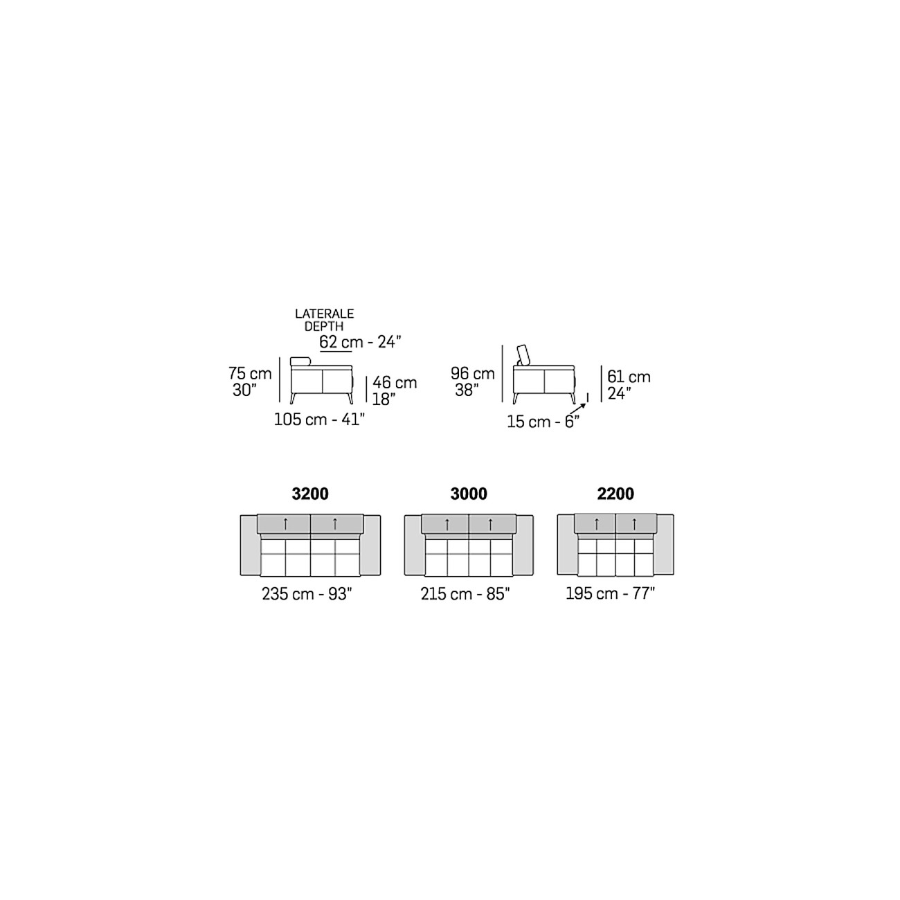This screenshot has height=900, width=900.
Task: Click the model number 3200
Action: tap(310, 494)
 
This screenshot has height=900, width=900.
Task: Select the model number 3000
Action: tap(469, 494)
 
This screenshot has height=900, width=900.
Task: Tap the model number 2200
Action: tap(615, 494)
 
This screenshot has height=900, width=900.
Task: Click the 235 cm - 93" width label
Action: tap(307, 594)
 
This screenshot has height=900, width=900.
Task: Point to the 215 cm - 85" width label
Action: tap(465, 594)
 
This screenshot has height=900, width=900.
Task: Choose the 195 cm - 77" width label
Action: tap(611, 593)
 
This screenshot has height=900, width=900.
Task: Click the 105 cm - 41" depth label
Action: tap(319, 420)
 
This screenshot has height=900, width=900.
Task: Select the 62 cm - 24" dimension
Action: tap(360, 342)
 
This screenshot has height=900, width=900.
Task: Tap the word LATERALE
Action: tap(325, 314)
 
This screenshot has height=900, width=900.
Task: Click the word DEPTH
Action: tap(324, 326)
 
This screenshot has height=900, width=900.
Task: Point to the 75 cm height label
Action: tap(250, 374)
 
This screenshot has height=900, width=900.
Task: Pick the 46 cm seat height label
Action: tap(395, 383)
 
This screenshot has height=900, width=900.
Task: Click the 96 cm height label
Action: tap(473, 374)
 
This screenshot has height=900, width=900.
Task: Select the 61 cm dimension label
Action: tap(629, 377)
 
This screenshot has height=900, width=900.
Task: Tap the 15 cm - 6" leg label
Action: tap(543, 422)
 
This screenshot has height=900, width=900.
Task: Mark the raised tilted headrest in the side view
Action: tap(523, 354)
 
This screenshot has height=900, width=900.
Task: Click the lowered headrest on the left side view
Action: tap(300, 361)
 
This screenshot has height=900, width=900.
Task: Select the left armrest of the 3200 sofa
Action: tap(250, 545)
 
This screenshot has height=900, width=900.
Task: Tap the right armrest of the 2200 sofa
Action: tap(664, 544)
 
